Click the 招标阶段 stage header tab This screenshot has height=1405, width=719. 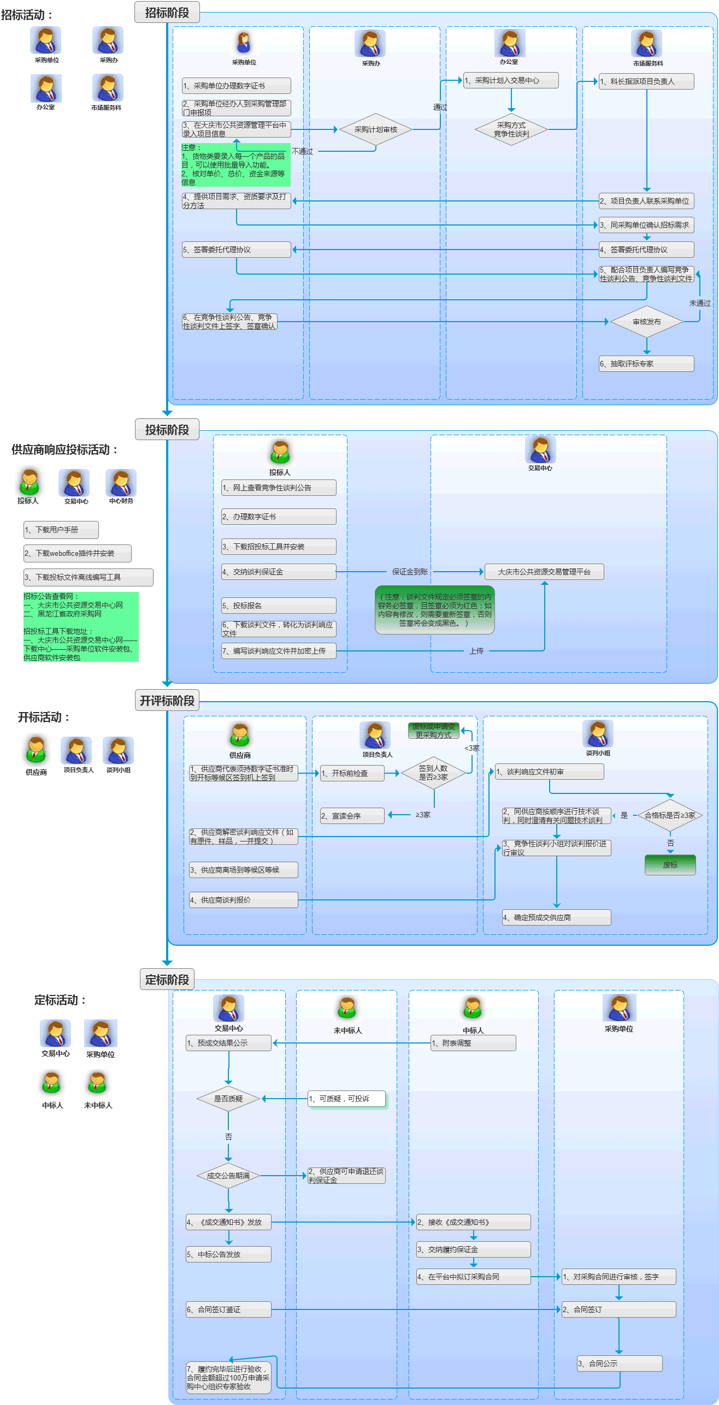pyautogui.click(x=167, y=13)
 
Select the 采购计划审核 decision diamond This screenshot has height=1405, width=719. pyautogui.click(x=375, y=129)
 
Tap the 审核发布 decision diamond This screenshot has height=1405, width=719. pyautogui.click(x=646, y=322)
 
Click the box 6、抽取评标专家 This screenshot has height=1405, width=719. pyautogui.click(x=646, y=364)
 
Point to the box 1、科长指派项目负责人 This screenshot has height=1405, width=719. pyautogui.click(x=646, y=81)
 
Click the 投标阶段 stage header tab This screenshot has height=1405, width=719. pyautogui.click(x=167, y=430)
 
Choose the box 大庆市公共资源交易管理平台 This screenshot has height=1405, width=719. pyautogui.click(x=544, y=572)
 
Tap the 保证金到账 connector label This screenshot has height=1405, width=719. pyautogui.click(x=410, y=572)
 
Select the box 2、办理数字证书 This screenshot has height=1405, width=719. pyautogui.click(x=278, y=517)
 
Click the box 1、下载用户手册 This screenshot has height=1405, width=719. pyautogui.click(x=61, y=530)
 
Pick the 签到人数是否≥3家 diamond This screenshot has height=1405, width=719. pyautogui.click(x=433, y=773)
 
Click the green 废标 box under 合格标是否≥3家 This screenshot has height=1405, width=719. pyautogui.click(x=670, y=865)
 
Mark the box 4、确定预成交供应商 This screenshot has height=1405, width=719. pyautogui.click(x=556, y=917)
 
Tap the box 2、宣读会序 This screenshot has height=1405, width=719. pyautogui.click(x=352, y=816)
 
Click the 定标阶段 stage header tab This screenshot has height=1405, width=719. pyautogui.click(x=167, y=980)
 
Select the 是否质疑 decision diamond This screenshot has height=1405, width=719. pyautogui.click(x=228, y=1099)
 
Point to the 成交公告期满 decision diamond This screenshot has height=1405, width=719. pyautogui.click(x=228, y=1176)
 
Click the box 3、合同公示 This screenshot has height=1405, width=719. pyautogui.click(x=620, y=1363)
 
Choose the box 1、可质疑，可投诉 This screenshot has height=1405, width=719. pyautogui.click(x=346, y=1099)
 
